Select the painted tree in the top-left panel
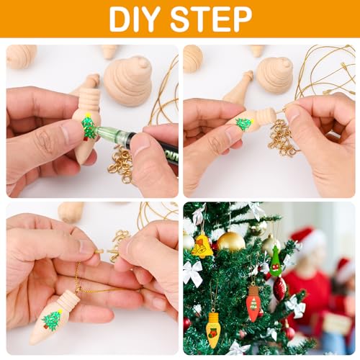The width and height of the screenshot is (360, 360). coord(89,127)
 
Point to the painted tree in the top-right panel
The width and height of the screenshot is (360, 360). coord(244,124)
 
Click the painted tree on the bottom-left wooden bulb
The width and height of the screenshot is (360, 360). coord(52,320)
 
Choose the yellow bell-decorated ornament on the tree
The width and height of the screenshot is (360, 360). coord(202,247)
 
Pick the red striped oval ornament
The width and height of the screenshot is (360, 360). coord(279,289)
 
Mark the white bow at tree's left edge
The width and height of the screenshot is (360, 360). coord(192,274)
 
